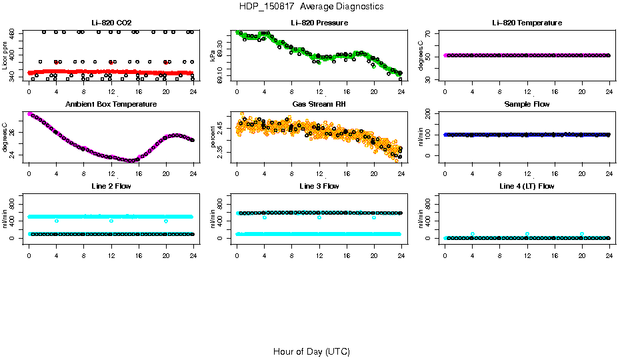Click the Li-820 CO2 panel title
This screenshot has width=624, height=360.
[111, 23]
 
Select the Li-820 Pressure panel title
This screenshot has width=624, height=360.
[319, 23]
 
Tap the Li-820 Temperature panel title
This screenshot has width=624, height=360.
[527, 23]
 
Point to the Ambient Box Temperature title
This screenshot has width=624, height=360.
[111, 105]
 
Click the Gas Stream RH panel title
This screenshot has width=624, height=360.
[319, 105]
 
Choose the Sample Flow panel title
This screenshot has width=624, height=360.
[527, 105]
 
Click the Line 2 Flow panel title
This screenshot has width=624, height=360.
[111, 186]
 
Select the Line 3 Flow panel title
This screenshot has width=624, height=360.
[319, 186]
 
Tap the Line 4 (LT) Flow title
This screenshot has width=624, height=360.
[527, 186]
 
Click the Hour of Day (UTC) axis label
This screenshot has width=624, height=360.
[311, 351]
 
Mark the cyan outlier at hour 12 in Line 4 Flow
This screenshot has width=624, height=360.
[527, 234]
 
